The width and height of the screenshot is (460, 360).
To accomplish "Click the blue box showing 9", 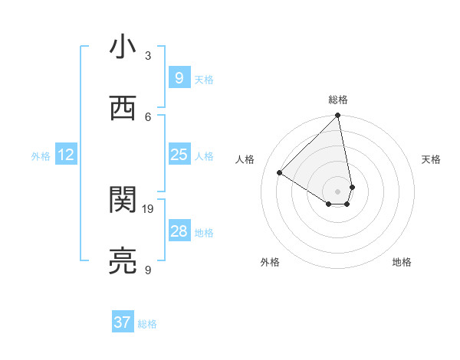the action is point(179,78).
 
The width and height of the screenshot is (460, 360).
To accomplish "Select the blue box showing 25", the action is point(179,155).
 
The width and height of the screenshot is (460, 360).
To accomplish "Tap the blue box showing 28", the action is point(179,231).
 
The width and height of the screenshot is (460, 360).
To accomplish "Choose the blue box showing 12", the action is point(65,155).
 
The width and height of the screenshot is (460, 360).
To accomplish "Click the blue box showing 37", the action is point(123,322).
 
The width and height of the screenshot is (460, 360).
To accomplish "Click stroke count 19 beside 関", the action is point(149,208).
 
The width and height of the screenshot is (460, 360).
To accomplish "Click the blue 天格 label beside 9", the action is point(204,80).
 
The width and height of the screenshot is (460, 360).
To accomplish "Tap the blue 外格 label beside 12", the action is point(41,156).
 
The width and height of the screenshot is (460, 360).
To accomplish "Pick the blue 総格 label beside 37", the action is point(148,324).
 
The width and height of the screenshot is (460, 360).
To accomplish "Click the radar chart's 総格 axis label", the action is point(338,100).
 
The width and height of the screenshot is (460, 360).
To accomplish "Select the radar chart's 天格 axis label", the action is point(432,159).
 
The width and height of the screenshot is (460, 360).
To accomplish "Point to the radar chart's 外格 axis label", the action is point(270,263).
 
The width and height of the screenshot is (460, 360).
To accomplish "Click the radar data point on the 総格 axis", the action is point(338,116).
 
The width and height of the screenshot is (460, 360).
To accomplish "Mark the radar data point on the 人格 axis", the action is point(280,172).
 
